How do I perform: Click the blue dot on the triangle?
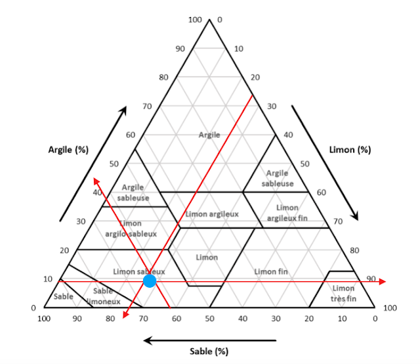point(150,281)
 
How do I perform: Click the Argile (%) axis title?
point(68,149)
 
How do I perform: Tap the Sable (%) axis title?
point(209,351)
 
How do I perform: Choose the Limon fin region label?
point(271,271)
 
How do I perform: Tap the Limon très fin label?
point(343,293)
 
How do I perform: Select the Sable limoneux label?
point(103,296)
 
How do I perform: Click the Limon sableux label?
point(138,271)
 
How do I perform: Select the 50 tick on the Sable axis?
point(209,319)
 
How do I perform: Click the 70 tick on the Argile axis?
point(148,106)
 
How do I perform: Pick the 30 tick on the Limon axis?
point(272,106)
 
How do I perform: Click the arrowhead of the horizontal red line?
point(383,281)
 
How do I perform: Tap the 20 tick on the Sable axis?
point(308,319)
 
